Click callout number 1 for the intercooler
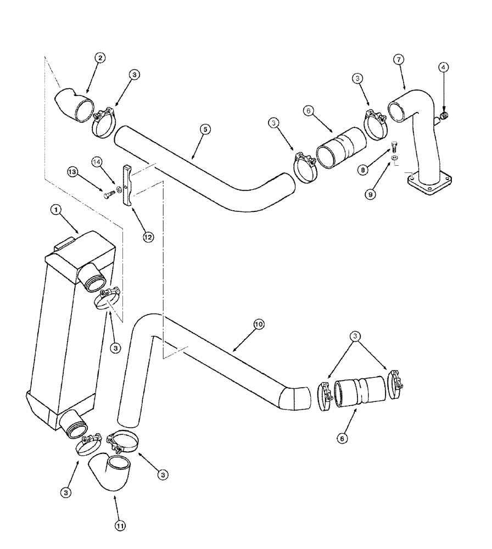pyautogui.click(x=55, y=209)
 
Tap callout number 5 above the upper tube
pyautogui.click(x=204, y=130)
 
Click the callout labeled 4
pyautogui.click(x=444, y=67)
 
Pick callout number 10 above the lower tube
pyautogui.click(x=258, y=324)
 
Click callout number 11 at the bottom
pyautogui.click(x=120, y=525)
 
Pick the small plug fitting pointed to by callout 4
pyautogui.click(x=444, y=115)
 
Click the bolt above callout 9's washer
pyautogui.click(x=394, y=147)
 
